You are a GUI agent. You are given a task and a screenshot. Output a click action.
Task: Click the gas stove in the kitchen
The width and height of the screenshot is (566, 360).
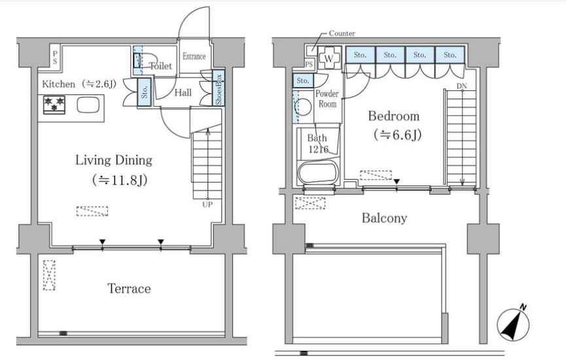point(54,105)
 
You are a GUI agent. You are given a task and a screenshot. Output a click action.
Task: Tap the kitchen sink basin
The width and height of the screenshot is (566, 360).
point(88,105)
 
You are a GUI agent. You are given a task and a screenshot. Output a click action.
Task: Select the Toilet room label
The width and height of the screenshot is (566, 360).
point(160,65)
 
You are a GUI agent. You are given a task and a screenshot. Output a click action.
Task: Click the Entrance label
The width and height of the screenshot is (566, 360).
point(194,56)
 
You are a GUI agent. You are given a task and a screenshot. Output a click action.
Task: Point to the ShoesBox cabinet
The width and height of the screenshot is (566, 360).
point(219,88)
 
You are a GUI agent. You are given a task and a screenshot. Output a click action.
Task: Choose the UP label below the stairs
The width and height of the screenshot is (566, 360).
point(207,204)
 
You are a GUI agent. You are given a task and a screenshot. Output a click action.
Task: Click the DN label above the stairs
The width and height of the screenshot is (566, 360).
point(462,86)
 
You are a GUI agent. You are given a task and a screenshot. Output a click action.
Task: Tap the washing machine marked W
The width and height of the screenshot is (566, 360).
point(329,58)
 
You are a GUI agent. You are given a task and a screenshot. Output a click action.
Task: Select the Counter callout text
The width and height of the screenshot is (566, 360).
point(342,33)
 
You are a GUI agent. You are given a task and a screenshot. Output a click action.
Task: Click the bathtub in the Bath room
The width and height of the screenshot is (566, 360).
point(317,172)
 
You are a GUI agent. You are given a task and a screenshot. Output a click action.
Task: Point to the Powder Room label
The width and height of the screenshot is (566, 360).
point(327,99)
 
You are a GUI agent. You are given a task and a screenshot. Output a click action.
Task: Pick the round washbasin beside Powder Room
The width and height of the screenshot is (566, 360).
point(303,107)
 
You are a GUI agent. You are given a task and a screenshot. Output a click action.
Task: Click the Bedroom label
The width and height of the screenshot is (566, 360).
point(394,117)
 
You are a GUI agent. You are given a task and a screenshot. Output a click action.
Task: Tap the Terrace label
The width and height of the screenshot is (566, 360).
point(129,289)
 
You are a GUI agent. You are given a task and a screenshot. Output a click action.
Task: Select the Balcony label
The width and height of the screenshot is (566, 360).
point(385,218)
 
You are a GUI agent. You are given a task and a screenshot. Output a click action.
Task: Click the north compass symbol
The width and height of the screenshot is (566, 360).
point(513,324)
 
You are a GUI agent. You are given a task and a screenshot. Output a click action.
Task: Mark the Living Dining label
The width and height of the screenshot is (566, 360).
point(114,160)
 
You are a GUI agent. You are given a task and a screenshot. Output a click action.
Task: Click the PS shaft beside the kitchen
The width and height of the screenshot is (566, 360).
point(55,57)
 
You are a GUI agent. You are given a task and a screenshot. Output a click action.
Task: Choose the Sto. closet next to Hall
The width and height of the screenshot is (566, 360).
point(145,92)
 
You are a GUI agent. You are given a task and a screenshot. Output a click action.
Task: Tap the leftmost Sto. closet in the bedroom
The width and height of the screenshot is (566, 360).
point(360,55)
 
